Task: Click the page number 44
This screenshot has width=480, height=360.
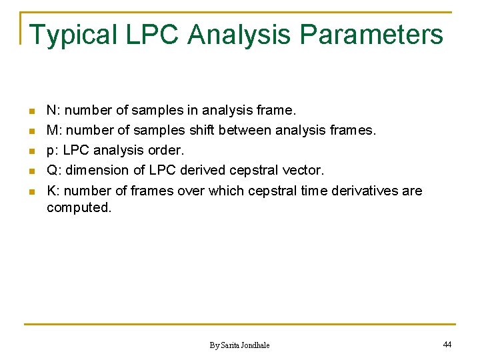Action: tap(447, 344)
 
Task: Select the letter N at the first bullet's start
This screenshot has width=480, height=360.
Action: tap(51, 110)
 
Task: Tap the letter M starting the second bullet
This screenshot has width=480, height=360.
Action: tap(52, 130)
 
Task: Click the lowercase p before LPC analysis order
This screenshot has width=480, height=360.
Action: tap(51, 151)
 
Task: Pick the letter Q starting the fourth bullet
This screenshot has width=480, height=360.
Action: tap(51, 171)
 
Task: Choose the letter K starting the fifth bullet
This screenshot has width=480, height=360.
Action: tap(51, 191)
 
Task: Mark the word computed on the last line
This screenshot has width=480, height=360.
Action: tap(78, 207)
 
